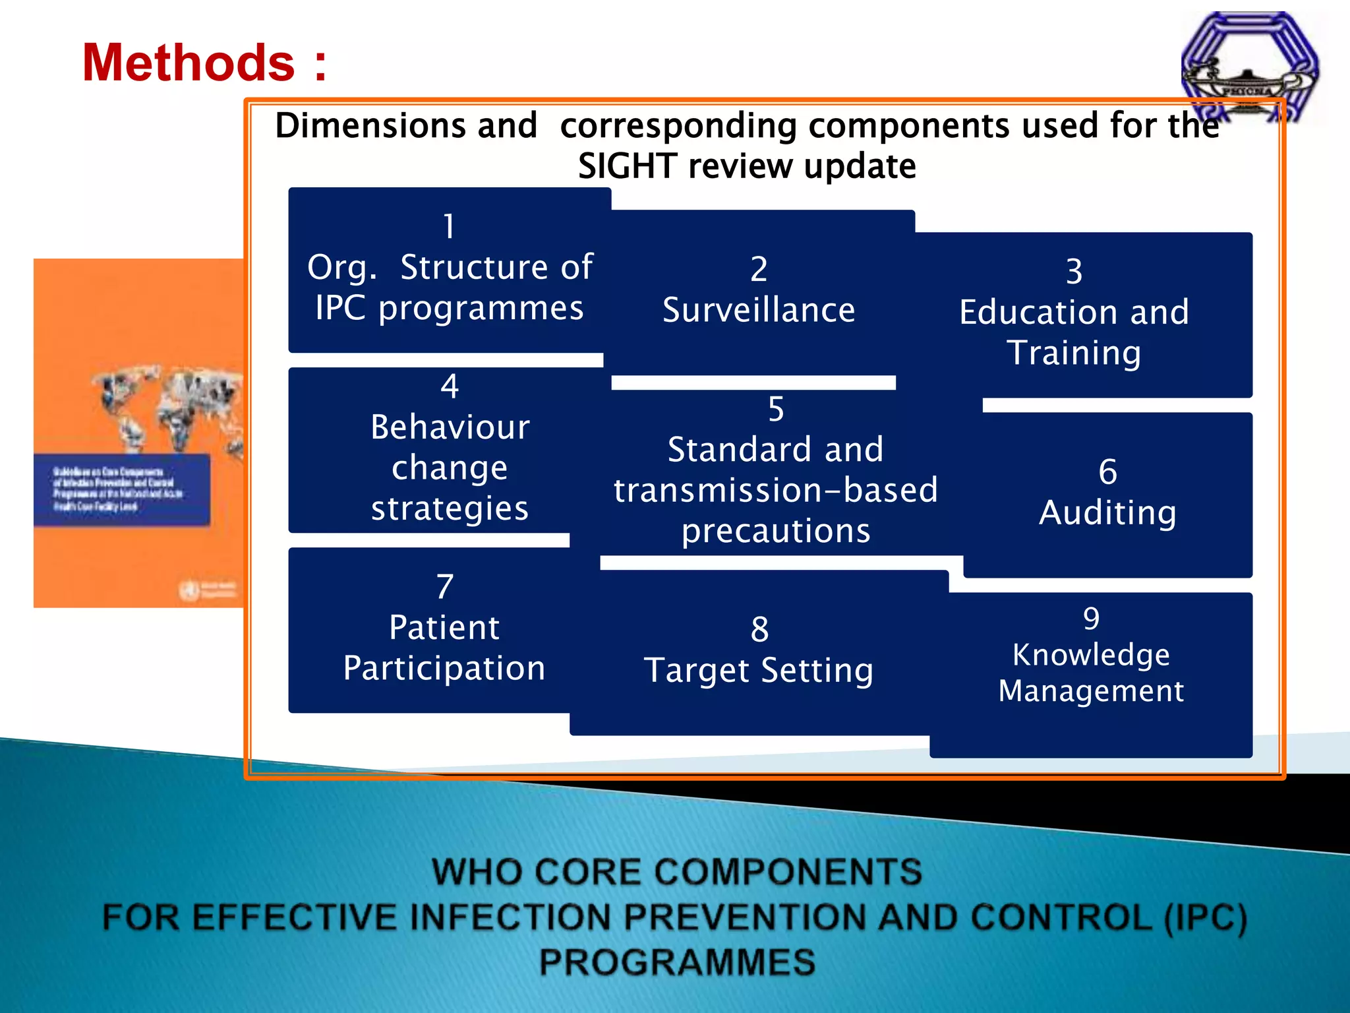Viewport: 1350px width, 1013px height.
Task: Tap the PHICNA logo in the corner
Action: tap(1249, 66)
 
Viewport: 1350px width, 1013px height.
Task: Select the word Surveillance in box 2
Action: tap(759, 310)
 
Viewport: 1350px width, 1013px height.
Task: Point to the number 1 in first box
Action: tap(449, 226)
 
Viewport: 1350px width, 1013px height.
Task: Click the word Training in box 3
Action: tap(1074, 353)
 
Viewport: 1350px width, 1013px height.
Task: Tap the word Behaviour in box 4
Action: tap(450, 427)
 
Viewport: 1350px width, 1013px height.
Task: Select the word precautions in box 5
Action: tap(776, 531)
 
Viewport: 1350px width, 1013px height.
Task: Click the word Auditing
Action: tap(1107, 513)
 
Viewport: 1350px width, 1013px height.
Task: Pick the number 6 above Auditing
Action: tap(1107, 472)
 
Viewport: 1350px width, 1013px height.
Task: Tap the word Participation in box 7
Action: tap(444, 669)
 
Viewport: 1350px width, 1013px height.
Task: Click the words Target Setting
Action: tap(759, 671)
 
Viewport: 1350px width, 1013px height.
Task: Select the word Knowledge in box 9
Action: tap(1091, 655)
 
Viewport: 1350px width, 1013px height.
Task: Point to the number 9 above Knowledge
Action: tap(1091, 618)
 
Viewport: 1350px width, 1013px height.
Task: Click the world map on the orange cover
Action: tap(171, 409)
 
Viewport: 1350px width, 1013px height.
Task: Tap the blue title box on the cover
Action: tap(122, 489)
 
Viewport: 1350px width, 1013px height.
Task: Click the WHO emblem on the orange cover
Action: tap(189, 589)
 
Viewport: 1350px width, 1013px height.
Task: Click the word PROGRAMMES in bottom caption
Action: tap(677, 962)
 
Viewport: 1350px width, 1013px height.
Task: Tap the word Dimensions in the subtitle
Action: tap(406, 125)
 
